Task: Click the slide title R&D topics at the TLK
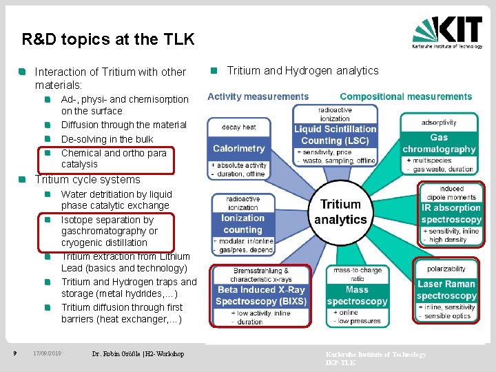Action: (108, 39)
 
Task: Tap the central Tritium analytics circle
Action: (340, 212)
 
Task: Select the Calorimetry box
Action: (239, 148)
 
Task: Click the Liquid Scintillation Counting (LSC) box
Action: (335, 135)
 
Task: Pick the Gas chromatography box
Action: (439, 143)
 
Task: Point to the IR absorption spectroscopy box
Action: (451, 214)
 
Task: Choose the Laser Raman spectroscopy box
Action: (446, 289)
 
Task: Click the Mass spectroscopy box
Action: (357, 296)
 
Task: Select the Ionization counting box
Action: (242, 224)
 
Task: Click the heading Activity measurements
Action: (258, 96)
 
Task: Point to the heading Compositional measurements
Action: (406, 96)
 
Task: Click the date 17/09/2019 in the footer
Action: (47, 353)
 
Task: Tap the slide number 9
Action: (14, 353)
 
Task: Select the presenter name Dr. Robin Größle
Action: (138, 353)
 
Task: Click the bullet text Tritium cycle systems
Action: (87, 180)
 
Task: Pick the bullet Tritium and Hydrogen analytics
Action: (302, 70)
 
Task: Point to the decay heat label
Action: (239, 127)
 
